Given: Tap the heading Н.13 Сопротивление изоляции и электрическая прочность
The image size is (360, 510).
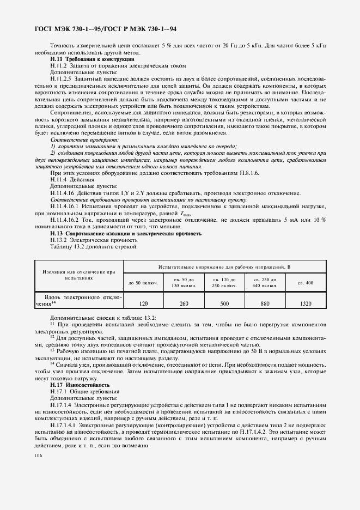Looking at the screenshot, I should [x=126, y=233].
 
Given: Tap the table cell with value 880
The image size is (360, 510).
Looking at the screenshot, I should [x=265, y=303].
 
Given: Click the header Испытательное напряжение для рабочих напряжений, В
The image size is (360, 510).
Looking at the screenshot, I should [x=224, y=267].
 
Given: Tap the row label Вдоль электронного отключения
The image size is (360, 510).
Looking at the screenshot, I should [x=79, y=300].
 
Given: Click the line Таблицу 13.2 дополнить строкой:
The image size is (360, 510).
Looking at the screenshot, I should [x=94, y=246].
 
